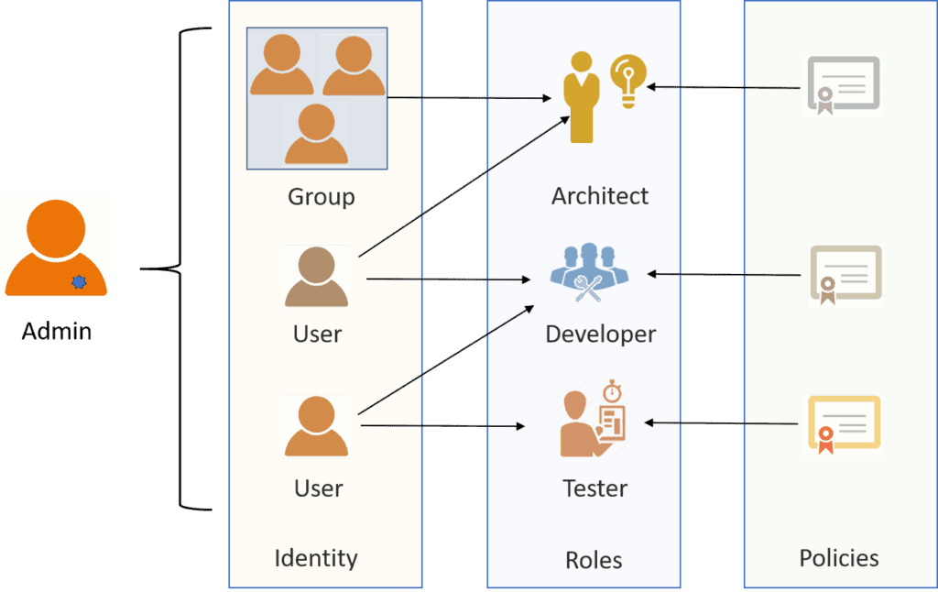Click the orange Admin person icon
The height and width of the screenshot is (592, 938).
(56, 247)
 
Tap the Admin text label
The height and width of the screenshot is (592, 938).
(57, 331)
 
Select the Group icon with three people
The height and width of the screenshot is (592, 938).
(317, 99)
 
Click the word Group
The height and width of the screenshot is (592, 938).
(321, 197)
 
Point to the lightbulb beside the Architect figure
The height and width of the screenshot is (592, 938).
(627, 82)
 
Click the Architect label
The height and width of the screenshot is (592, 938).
(600, 196)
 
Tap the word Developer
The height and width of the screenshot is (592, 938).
(600, 334)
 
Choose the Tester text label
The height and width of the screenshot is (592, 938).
(594, 488)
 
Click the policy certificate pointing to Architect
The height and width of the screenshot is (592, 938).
(843, 86)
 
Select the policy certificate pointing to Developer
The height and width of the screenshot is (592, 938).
(845, 274)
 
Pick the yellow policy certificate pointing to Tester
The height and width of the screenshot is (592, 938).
(844, 424)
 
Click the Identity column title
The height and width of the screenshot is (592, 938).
(316, 558)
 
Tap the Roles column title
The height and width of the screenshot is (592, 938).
(594, 560)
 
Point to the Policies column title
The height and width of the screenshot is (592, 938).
(839, 558)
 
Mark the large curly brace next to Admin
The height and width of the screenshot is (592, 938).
(183, 269)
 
